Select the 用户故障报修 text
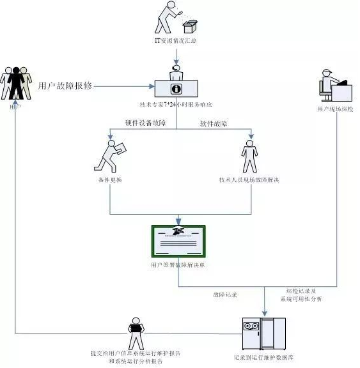point(66,86)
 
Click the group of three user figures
point(15,82)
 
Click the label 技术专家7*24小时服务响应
point(176,104)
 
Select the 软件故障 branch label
point(214,123)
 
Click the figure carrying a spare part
point(110,155)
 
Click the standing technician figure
point(249,157)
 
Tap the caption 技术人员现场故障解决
point(249,180)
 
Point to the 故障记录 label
point(225,295)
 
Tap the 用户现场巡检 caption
point(334,109)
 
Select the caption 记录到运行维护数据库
point(264,358)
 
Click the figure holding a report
point(135,332)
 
